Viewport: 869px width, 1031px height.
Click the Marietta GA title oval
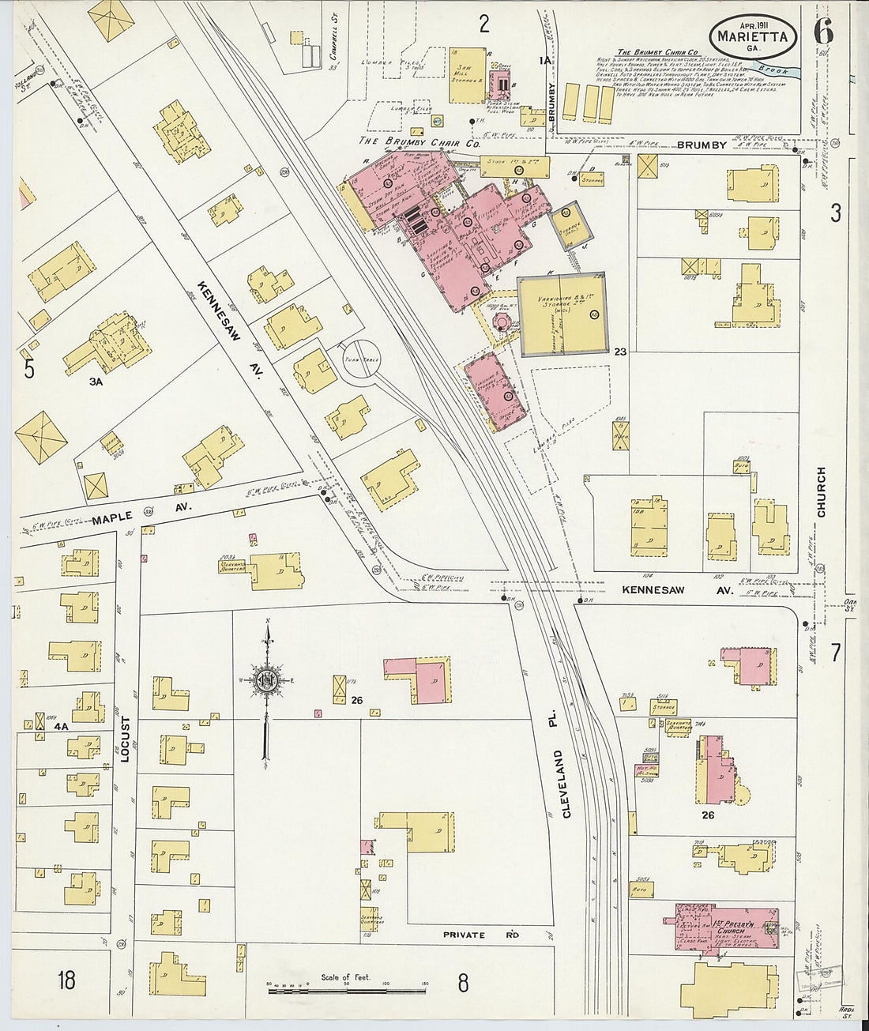(x=753, y=36)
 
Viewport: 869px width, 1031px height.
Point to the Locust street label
(x=124, y=739)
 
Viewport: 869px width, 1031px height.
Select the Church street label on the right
(x=821, y=491)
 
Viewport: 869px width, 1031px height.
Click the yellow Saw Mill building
(x=467, y=75)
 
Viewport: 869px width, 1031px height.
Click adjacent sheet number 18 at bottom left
(x=66, y=980)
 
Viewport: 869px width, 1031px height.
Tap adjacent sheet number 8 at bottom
(x=462, y=982)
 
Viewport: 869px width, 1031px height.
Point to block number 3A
(x=96, y=382)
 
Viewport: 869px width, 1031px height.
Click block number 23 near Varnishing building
(x=620, y=352)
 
